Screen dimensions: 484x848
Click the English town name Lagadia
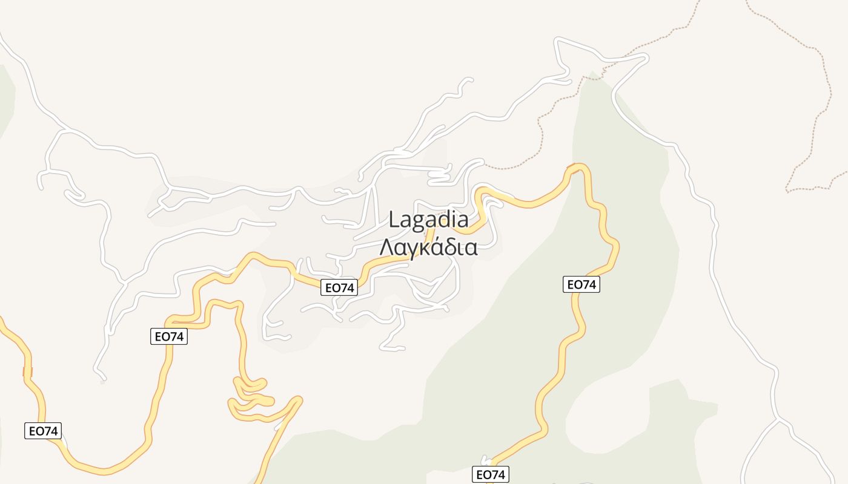tap(428, 219)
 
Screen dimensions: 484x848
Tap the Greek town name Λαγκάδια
tap(428, 247)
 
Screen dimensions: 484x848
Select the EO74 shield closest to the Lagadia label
tap(339, 287)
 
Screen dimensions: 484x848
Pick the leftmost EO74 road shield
tap(43, 431)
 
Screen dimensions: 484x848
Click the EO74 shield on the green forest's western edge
tap(581, 284)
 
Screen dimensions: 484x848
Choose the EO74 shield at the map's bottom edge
tap(490, 474)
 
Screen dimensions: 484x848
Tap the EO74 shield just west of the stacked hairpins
tap(169, 336)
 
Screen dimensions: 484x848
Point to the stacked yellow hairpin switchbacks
tap(251, 396)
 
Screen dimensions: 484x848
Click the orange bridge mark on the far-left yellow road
tap(27, 371)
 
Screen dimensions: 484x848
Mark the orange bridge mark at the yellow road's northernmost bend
tap(571, 168)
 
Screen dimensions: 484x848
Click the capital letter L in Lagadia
tap(394, 219)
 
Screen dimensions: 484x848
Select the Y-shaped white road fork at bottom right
tap(778, 419)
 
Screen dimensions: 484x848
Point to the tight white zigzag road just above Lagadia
tap(439, 175)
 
